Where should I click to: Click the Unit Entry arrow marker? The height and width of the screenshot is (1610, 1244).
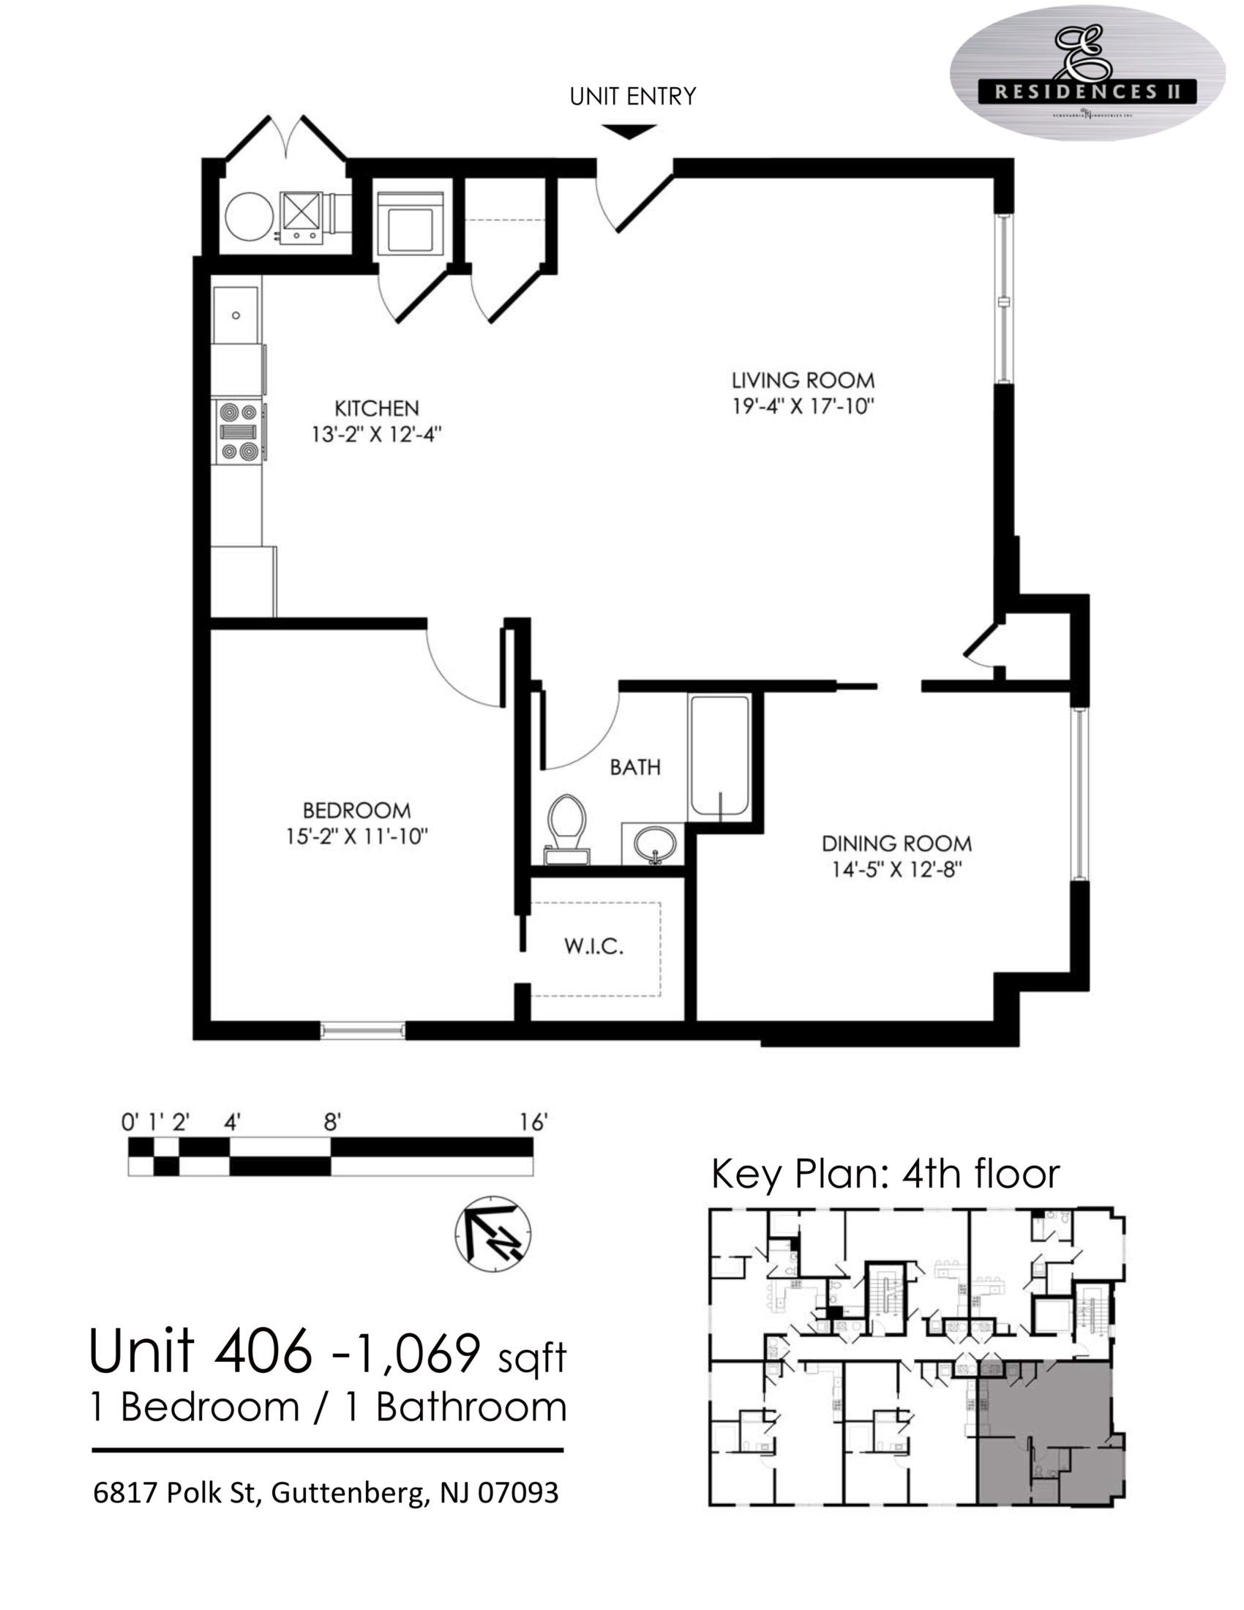(629, 131)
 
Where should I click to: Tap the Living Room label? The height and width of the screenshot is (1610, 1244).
(803, 381)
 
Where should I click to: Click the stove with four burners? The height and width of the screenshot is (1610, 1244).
(237, 431)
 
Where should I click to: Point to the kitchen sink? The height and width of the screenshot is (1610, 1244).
(236, 315)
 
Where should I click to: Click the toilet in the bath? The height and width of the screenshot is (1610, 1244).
(566, 825)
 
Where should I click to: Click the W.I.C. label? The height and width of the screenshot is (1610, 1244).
(594, 946)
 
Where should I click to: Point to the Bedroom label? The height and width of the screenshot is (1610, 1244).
(356, 810)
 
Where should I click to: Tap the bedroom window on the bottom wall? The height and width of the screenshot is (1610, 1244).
(362, 1030)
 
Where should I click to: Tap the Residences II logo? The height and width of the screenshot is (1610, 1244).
(1087, 74)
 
